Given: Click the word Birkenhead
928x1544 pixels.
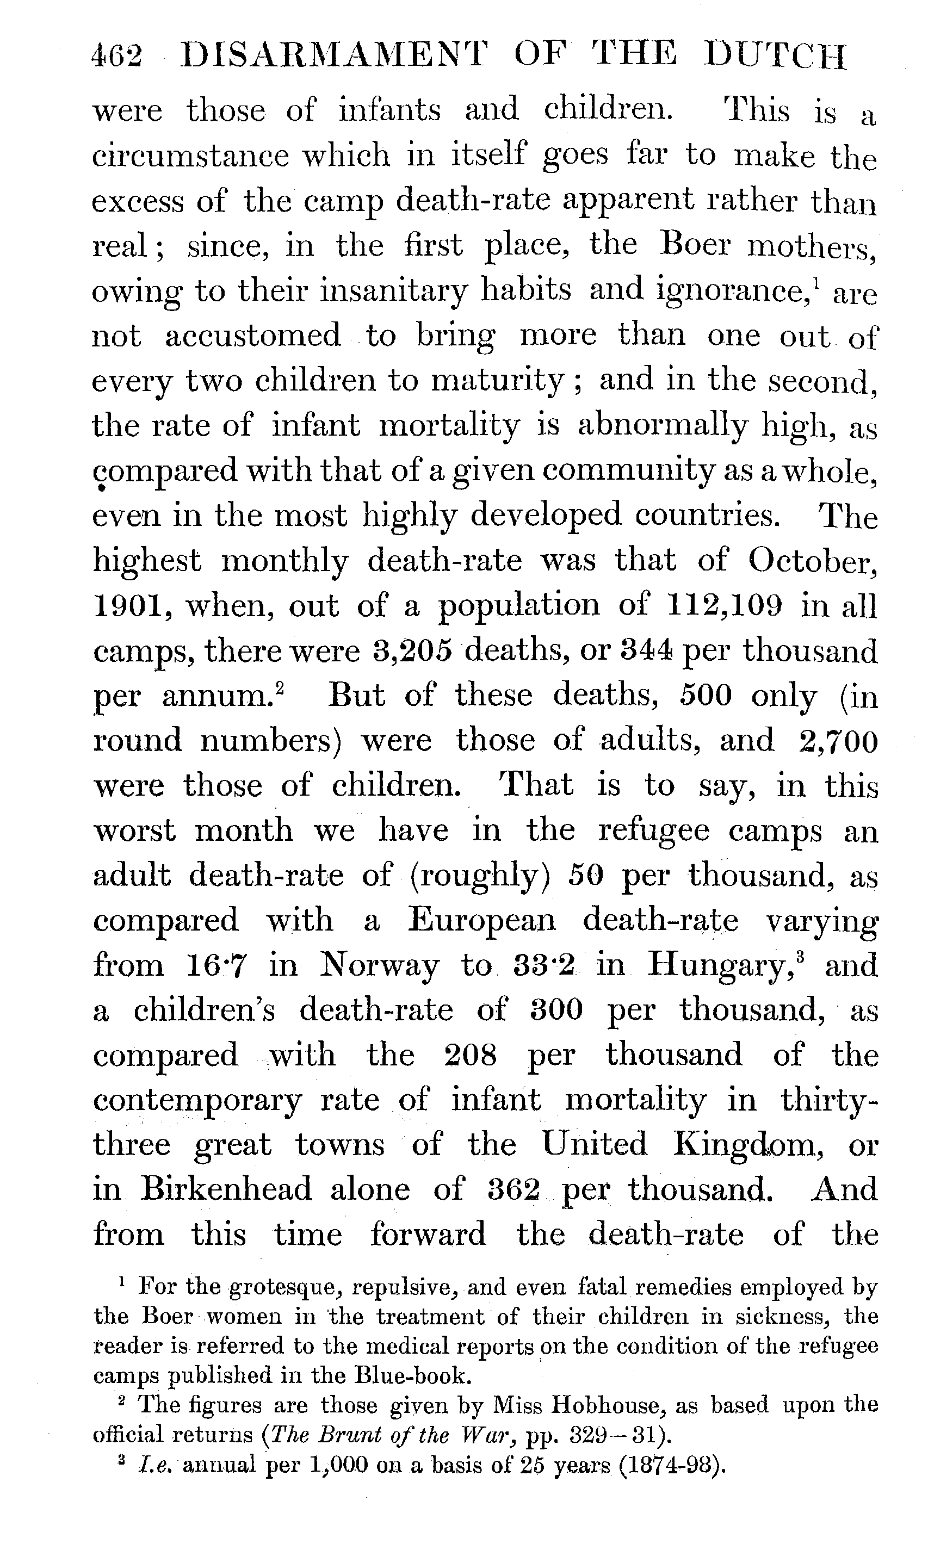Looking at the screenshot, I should pyautogui.click(x=226, y=1189).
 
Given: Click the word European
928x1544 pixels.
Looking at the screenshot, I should pyautogui.click(x=481, y=921).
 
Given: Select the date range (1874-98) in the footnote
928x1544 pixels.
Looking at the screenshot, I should pyautogui.click(x=672, y=1464).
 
